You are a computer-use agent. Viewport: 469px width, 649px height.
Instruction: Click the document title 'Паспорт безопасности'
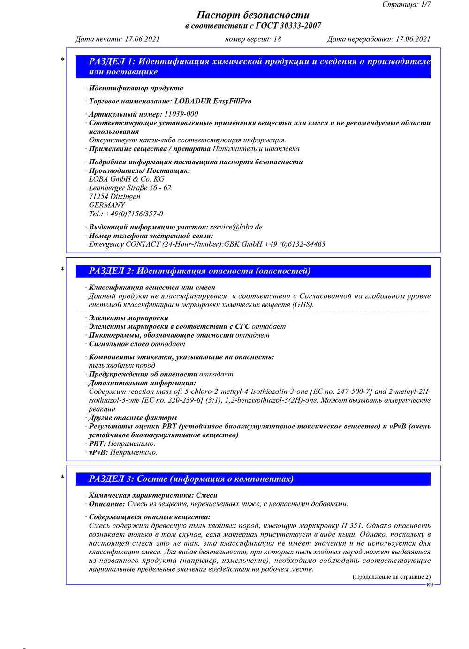253,15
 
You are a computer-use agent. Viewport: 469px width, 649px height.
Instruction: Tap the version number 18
277,39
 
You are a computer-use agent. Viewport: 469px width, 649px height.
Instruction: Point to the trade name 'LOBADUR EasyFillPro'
212,101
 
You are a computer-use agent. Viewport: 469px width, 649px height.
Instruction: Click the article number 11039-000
181,114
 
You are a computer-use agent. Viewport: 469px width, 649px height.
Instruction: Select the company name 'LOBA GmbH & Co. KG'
127,179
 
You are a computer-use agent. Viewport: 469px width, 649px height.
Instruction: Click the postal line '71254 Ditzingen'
114,196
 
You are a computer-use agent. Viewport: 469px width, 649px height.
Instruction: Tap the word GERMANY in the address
107,205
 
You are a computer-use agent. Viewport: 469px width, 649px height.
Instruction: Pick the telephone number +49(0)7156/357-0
134,214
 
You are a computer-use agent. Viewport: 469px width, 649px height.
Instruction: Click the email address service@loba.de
236,227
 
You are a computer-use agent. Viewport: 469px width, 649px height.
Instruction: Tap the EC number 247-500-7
348,391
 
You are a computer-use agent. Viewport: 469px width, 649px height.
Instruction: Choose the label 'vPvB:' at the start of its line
98,452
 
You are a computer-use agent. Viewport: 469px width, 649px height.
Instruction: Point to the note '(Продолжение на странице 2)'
391,577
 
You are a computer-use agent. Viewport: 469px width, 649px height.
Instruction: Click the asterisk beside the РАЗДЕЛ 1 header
62,59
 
